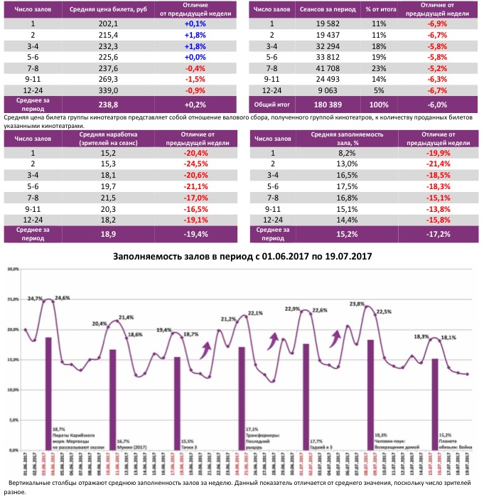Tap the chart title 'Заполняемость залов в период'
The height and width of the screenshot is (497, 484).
click(242, 255)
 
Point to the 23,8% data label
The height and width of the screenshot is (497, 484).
click(357, 304)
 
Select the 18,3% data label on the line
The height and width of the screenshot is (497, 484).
click(421, 336)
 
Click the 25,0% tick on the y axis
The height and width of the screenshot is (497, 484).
click(12, 300)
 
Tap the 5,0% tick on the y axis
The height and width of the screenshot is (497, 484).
click(12, 420)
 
